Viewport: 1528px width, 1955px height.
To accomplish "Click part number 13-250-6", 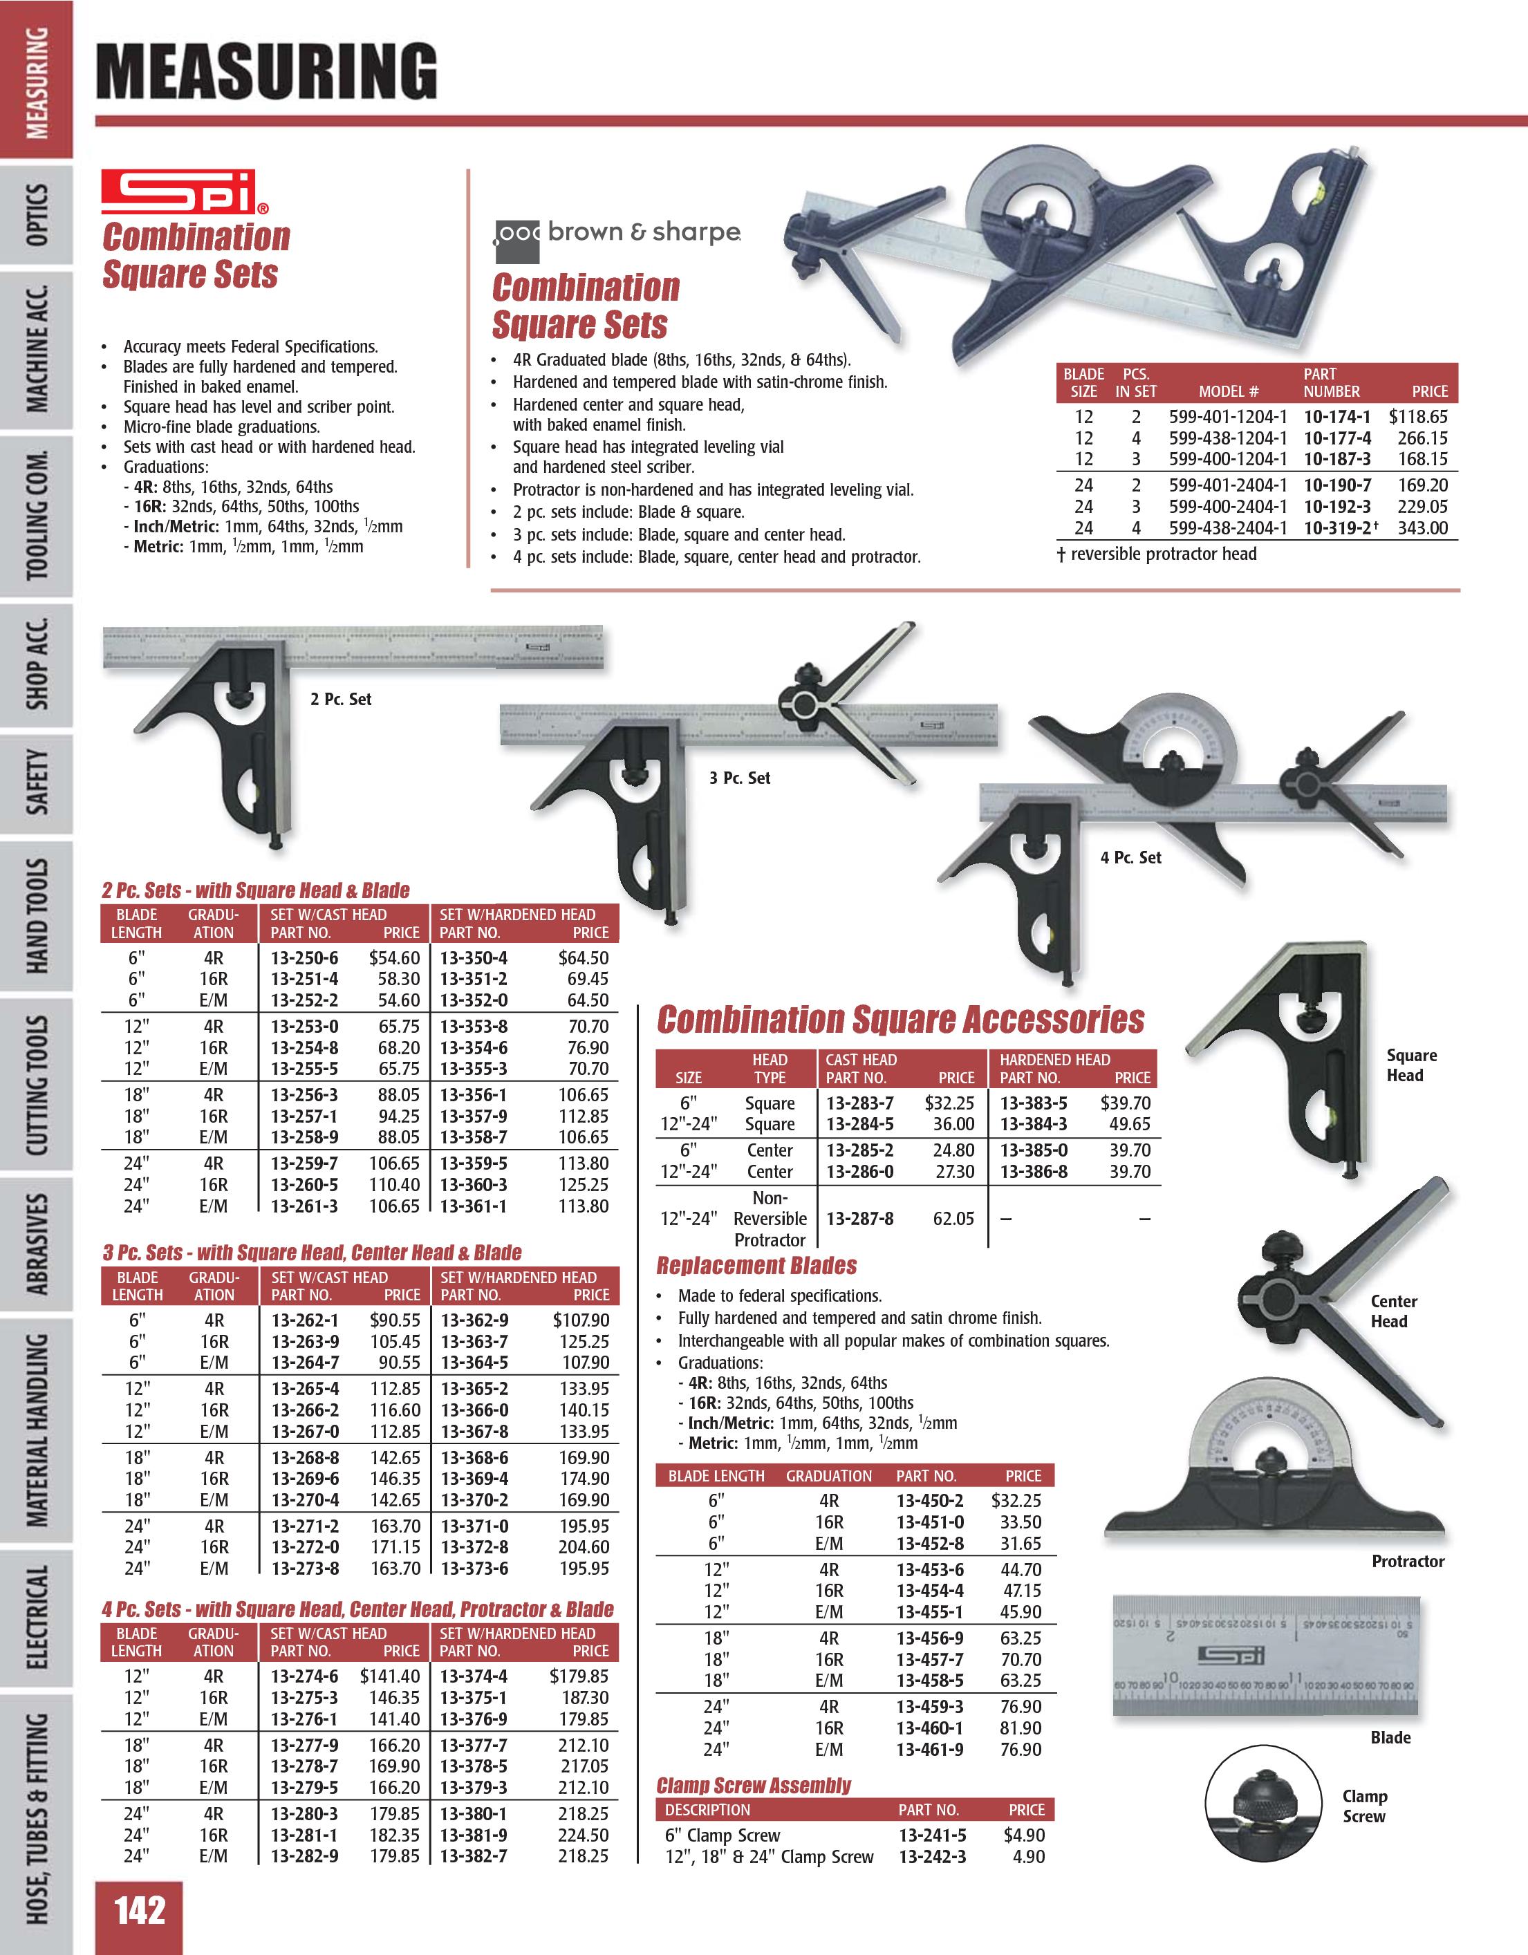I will (304, 958).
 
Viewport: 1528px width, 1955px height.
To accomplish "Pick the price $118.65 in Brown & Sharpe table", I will (1418, 416).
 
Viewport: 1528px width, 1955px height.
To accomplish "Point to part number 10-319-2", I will (1336, 528).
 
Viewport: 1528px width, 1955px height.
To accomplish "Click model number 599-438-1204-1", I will (1227, 438).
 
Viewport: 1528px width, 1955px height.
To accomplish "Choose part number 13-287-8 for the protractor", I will (859, 1218).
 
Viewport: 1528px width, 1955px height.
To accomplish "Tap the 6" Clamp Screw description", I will (723, 1835).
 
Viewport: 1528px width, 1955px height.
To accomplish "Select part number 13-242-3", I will (932, 1857).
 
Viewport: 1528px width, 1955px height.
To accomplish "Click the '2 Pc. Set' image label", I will (340, 699).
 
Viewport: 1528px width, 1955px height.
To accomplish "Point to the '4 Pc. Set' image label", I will (1130, 857).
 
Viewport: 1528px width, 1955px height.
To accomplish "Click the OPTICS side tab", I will (37, 215).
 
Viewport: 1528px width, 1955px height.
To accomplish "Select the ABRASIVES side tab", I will (37, 1244).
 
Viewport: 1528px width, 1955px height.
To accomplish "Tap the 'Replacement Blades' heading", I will (756, 1266).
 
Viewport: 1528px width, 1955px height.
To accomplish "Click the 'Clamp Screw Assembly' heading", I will (754, 1786).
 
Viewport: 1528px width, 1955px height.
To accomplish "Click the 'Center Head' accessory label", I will (1393, 1311).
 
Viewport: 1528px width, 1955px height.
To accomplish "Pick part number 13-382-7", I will (474, 1857).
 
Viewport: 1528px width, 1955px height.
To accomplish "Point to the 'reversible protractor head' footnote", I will (1157, 554).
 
